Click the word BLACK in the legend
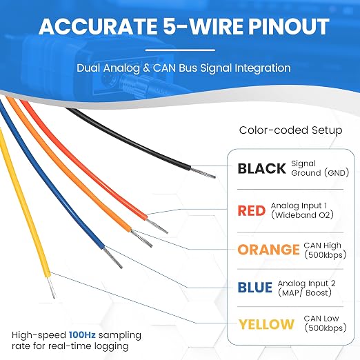262,168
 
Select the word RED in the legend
252,210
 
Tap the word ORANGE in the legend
268,250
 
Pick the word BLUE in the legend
255,288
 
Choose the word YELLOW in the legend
266,324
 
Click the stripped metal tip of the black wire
203,173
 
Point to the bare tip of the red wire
157,226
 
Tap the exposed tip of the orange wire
141,239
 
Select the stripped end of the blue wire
112,257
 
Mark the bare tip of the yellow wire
52,287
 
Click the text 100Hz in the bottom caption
82,334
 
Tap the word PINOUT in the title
288,27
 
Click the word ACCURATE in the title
97,27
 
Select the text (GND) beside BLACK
337,172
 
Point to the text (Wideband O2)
302,215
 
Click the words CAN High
322,246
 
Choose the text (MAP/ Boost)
305,292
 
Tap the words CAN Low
321,319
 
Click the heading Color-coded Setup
290,130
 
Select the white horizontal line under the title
181,50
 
